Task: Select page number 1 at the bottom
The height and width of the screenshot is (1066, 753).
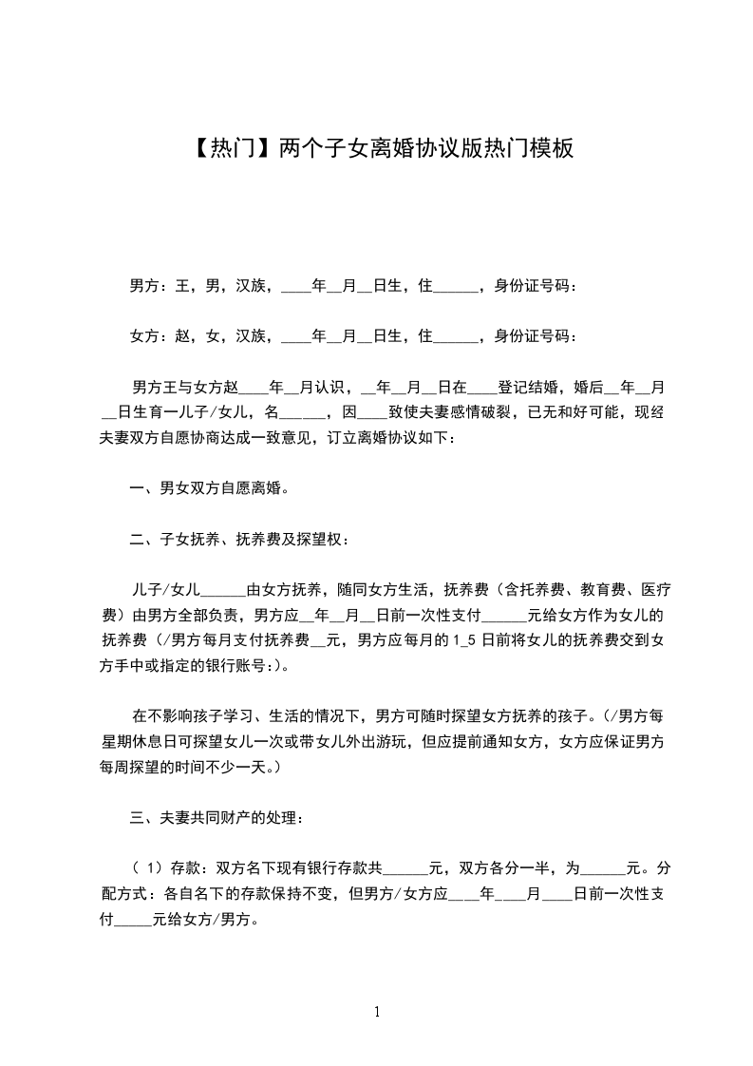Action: pos(377,1012)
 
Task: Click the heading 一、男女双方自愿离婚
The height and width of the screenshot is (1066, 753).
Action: pos(209,489)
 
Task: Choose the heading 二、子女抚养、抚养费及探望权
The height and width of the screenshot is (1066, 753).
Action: pos(239,541)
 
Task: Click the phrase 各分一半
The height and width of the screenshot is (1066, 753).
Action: pos(505,867)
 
